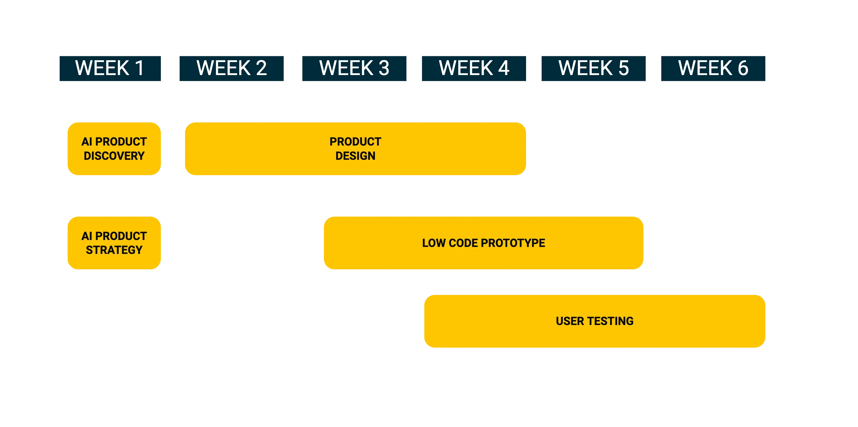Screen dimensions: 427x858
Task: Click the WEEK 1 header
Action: tap(110, 69)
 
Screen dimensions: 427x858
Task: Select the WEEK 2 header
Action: tap(232, 69)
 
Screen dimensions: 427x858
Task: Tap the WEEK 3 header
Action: tap(354, 69)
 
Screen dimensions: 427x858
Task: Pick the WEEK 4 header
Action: tap(474, 69)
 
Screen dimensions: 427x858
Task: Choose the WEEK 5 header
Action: tap(593, 69)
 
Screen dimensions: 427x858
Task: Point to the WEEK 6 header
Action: tap(712, 69)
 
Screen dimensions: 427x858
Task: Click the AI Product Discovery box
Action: tap(114, 149)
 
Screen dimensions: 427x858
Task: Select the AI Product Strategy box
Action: tap(114, 243)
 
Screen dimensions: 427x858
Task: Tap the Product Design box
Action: tap(355, 149)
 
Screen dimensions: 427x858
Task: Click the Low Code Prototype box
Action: tap(483, 243)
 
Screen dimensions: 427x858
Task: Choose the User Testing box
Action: tap(595, 321)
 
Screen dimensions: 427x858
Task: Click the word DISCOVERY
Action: tap(114, 156)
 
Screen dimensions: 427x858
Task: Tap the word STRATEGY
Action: tap(114, 250)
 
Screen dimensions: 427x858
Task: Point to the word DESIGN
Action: tap(355, 156)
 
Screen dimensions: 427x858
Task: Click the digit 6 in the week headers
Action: tap(743, 69)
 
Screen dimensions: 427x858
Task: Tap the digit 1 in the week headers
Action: tap(139, 69)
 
